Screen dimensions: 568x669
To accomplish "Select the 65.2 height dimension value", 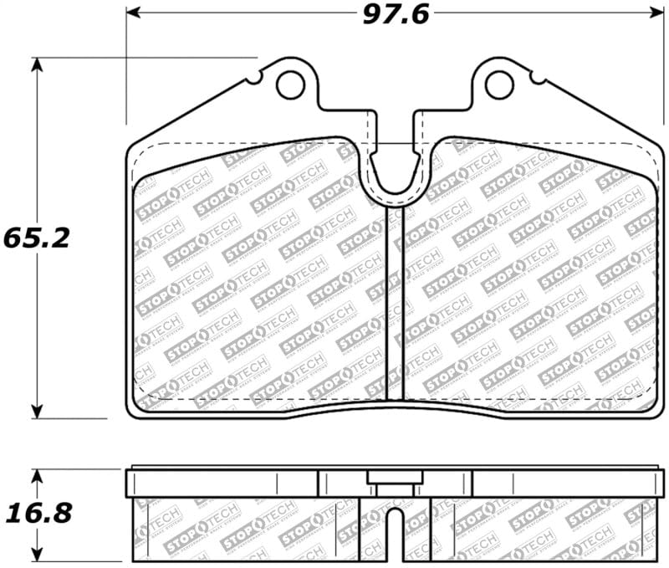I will pos(35,237).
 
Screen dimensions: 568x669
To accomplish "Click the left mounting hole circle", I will pos(289,84).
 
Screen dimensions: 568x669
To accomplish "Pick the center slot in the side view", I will pos(394,531).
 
